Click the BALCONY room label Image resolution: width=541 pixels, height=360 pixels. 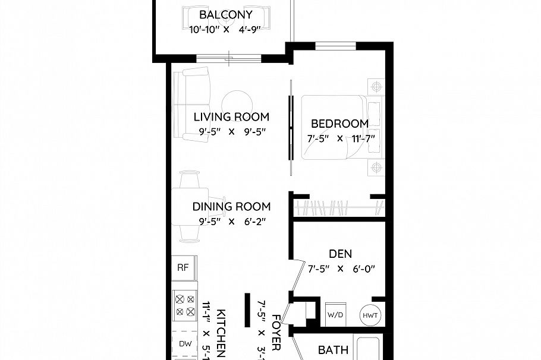[225, 15]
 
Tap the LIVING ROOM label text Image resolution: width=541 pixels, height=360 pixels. [231, 116]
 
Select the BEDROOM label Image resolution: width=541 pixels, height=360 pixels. [340, 124]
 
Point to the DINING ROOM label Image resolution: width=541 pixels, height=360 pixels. [231, 207]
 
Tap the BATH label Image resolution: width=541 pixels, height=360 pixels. [333, 350]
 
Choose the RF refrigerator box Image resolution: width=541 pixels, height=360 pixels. [183, 267]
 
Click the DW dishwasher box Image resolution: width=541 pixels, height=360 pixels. [184, 344]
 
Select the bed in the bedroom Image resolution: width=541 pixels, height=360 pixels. [333, 127]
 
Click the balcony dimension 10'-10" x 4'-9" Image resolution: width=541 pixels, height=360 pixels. [225, 29]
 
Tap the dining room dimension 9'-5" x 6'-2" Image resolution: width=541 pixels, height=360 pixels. [231, 222]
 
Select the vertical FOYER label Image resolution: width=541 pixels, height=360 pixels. [276, 336]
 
